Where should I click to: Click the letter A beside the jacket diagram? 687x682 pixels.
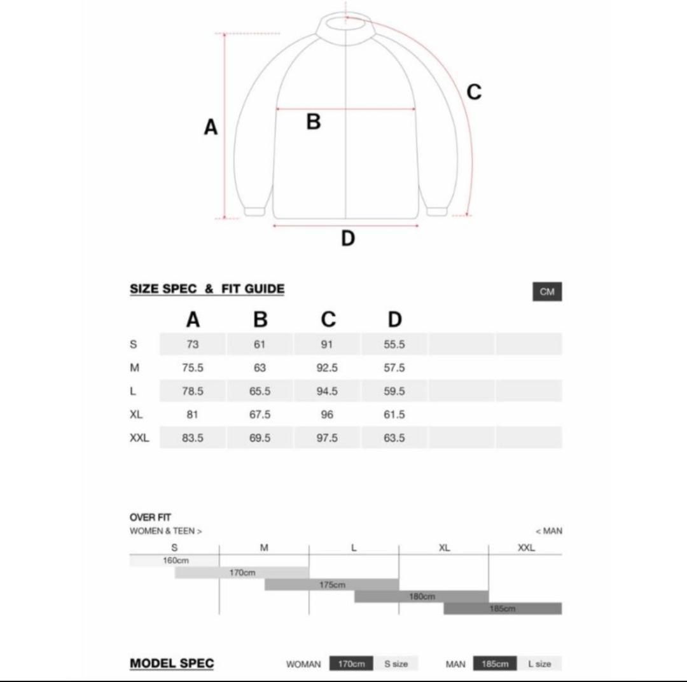(211, 128)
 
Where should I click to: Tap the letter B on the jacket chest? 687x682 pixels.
(313, 122)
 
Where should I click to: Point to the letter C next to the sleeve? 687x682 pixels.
(474, 92)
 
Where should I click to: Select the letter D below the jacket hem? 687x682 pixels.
(347, 239)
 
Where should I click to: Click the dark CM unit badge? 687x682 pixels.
(547, 292)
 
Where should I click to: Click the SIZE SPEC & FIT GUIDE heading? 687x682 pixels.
(207, 289)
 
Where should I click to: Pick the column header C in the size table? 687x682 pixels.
(328, 319)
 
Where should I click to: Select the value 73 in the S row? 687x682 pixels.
(193, 344)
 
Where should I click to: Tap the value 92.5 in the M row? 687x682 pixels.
(327, 368)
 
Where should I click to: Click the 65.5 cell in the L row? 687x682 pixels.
(260, 391)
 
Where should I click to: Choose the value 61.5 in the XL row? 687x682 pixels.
(394, 415)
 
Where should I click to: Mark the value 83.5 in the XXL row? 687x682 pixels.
(193, 438)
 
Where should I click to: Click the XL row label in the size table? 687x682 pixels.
(136, 415)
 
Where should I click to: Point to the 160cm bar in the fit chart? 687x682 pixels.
(175, 560)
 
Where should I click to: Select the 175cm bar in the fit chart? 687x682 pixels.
(332, 585)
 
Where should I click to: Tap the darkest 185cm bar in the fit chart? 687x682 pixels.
(503, 609)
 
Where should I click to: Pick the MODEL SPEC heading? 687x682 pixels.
(172, 664)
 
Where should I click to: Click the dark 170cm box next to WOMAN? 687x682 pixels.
(351, 664)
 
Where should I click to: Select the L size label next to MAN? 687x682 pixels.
(539, 664)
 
